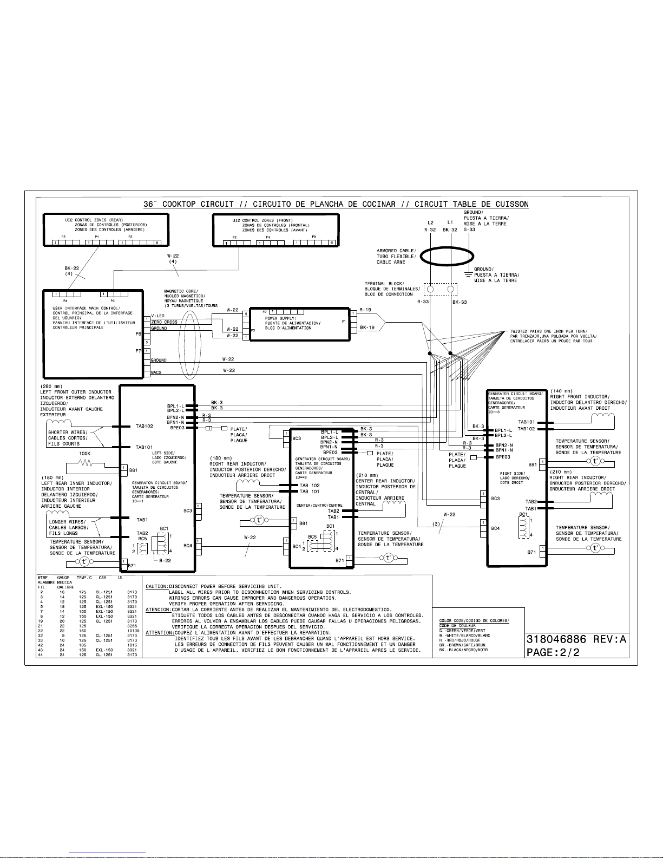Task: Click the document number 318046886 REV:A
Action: tap(576, 639)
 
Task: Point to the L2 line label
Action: tap(430, 222)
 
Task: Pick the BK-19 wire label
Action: tap(367, 328)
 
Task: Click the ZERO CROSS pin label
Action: tap(164, 322)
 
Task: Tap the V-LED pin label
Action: tap(158, 316)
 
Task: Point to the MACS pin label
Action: tap(156, 372)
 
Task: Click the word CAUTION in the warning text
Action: tap(157, 586)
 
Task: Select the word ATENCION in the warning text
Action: tap(157, 610)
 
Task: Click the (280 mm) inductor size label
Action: tap(52, 386)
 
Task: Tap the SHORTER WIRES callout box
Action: tap(67, 438)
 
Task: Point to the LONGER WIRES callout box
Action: tap(67, 528)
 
